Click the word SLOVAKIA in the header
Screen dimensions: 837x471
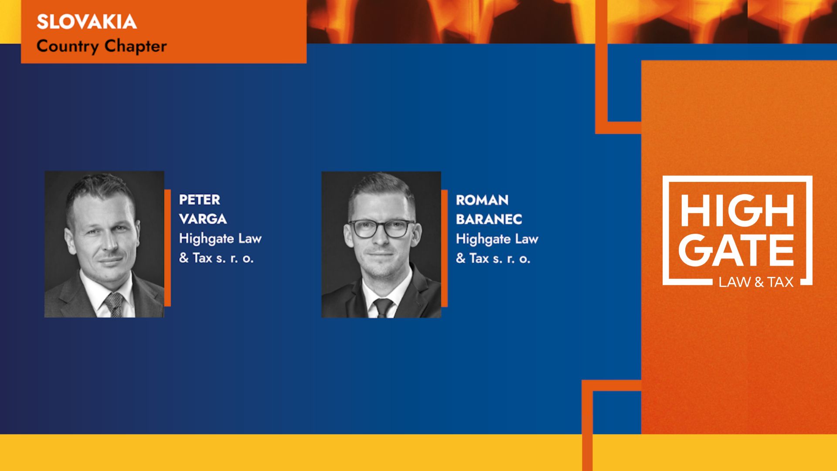(x=87, y=22)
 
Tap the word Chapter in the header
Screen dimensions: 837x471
(x=136, y=46)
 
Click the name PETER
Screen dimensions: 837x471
(x=200, y=200)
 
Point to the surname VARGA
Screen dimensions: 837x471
(x=203, y=219)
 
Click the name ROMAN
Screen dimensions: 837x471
(x=482, y=200)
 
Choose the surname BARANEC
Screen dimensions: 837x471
(x=489, y=219)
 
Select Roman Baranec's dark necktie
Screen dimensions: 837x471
(x=383, y=307)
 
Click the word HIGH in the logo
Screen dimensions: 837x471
(x=737, y=211)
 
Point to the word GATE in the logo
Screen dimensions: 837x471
(x=736, y=250)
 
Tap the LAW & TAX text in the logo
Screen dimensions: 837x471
(x=756, y=282)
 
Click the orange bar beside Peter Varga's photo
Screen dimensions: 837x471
(x=168, y=248)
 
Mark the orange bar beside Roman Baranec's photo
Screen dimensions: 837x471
(x=445, y=248)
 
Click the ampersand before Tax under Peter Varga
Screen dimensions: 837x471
(x=184, y=258)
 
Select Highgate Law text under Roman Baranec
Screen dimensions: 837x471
(x=497, y=239)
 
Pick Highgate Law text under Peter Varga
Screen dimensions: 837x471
(x=221, y=239)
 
